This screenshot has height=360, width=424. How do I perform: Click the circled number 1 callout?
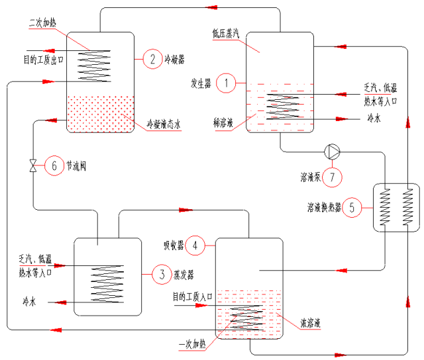(x=227, y=83)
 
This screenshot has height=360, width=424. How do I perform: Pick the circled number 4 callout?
(x=195, y=246)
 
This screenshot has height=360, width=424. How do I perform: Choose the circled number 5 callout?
(x=352, y=208)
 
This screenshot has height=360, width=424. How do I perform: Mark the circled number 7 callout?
(x=333, y=177)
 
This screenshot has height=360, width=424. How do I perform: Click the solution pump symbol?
(x=332, y=152)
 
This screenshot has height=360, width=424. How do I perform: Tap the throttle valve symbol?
(x=34, y=165)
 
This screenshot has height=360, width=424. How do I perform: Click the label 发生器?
(x=201, y=83)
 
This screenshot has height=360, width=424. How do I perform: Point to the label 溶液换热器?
(x=323, y=208)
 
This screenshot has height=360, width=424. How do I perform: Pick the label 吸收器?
(x=174, y=246)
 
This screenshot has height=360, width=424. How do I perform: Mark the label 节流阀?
(x=76, y=166)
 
